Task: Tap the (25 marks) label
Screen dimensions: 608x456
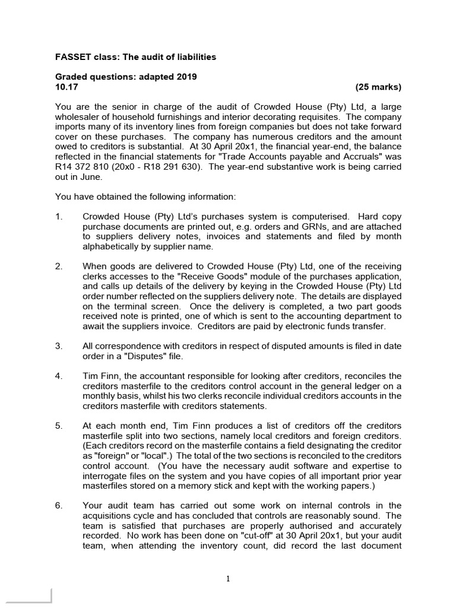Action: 378,87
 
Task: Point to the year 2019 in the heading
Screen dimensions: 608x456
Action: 186,77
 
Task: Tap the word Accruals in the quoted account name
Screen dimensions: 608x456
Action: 346,157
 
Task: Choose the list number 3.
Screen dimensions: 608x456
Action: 59,346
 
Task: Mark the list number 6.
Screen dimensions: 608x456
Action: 59,505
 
